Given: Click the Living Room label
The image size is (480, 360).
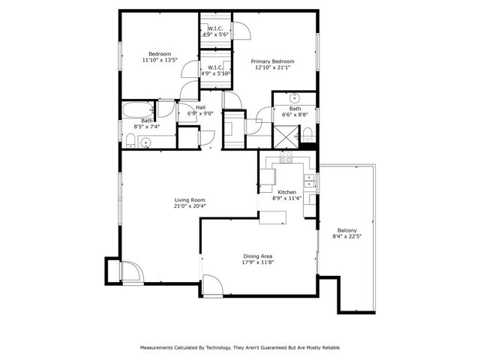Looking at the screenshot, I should pyautogui.click(x=190, y=199).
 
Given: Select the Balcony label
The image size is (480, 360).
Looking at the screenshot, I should pyautogui.click(x=346, y=230).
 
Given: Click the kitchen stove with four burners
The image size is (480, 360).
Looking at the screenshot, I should pyautogui.click(x=286, y=158).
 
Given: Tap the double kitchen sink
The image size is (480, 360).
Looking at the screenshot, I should pyautogui.click(x=308, y=180).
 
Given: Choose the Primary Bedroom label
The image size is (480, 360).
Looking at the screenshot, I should pyautogui.click(x=272, y=61).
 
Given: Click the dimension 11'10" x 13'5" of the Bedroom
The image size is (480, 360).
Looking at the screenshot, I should pyautogui.click(x=160, y=60).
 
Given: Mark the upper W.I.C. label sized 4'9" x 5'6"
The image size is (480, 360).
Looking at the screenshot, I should pyautogui.click(x=215, y=34).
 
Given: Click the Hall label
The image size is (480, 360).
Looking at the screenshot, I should pyautogui.click(x=200, y=107).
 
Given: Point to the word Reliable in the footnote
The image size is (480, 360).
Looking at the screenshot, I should pyautogui.click(x=327, y=348).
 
